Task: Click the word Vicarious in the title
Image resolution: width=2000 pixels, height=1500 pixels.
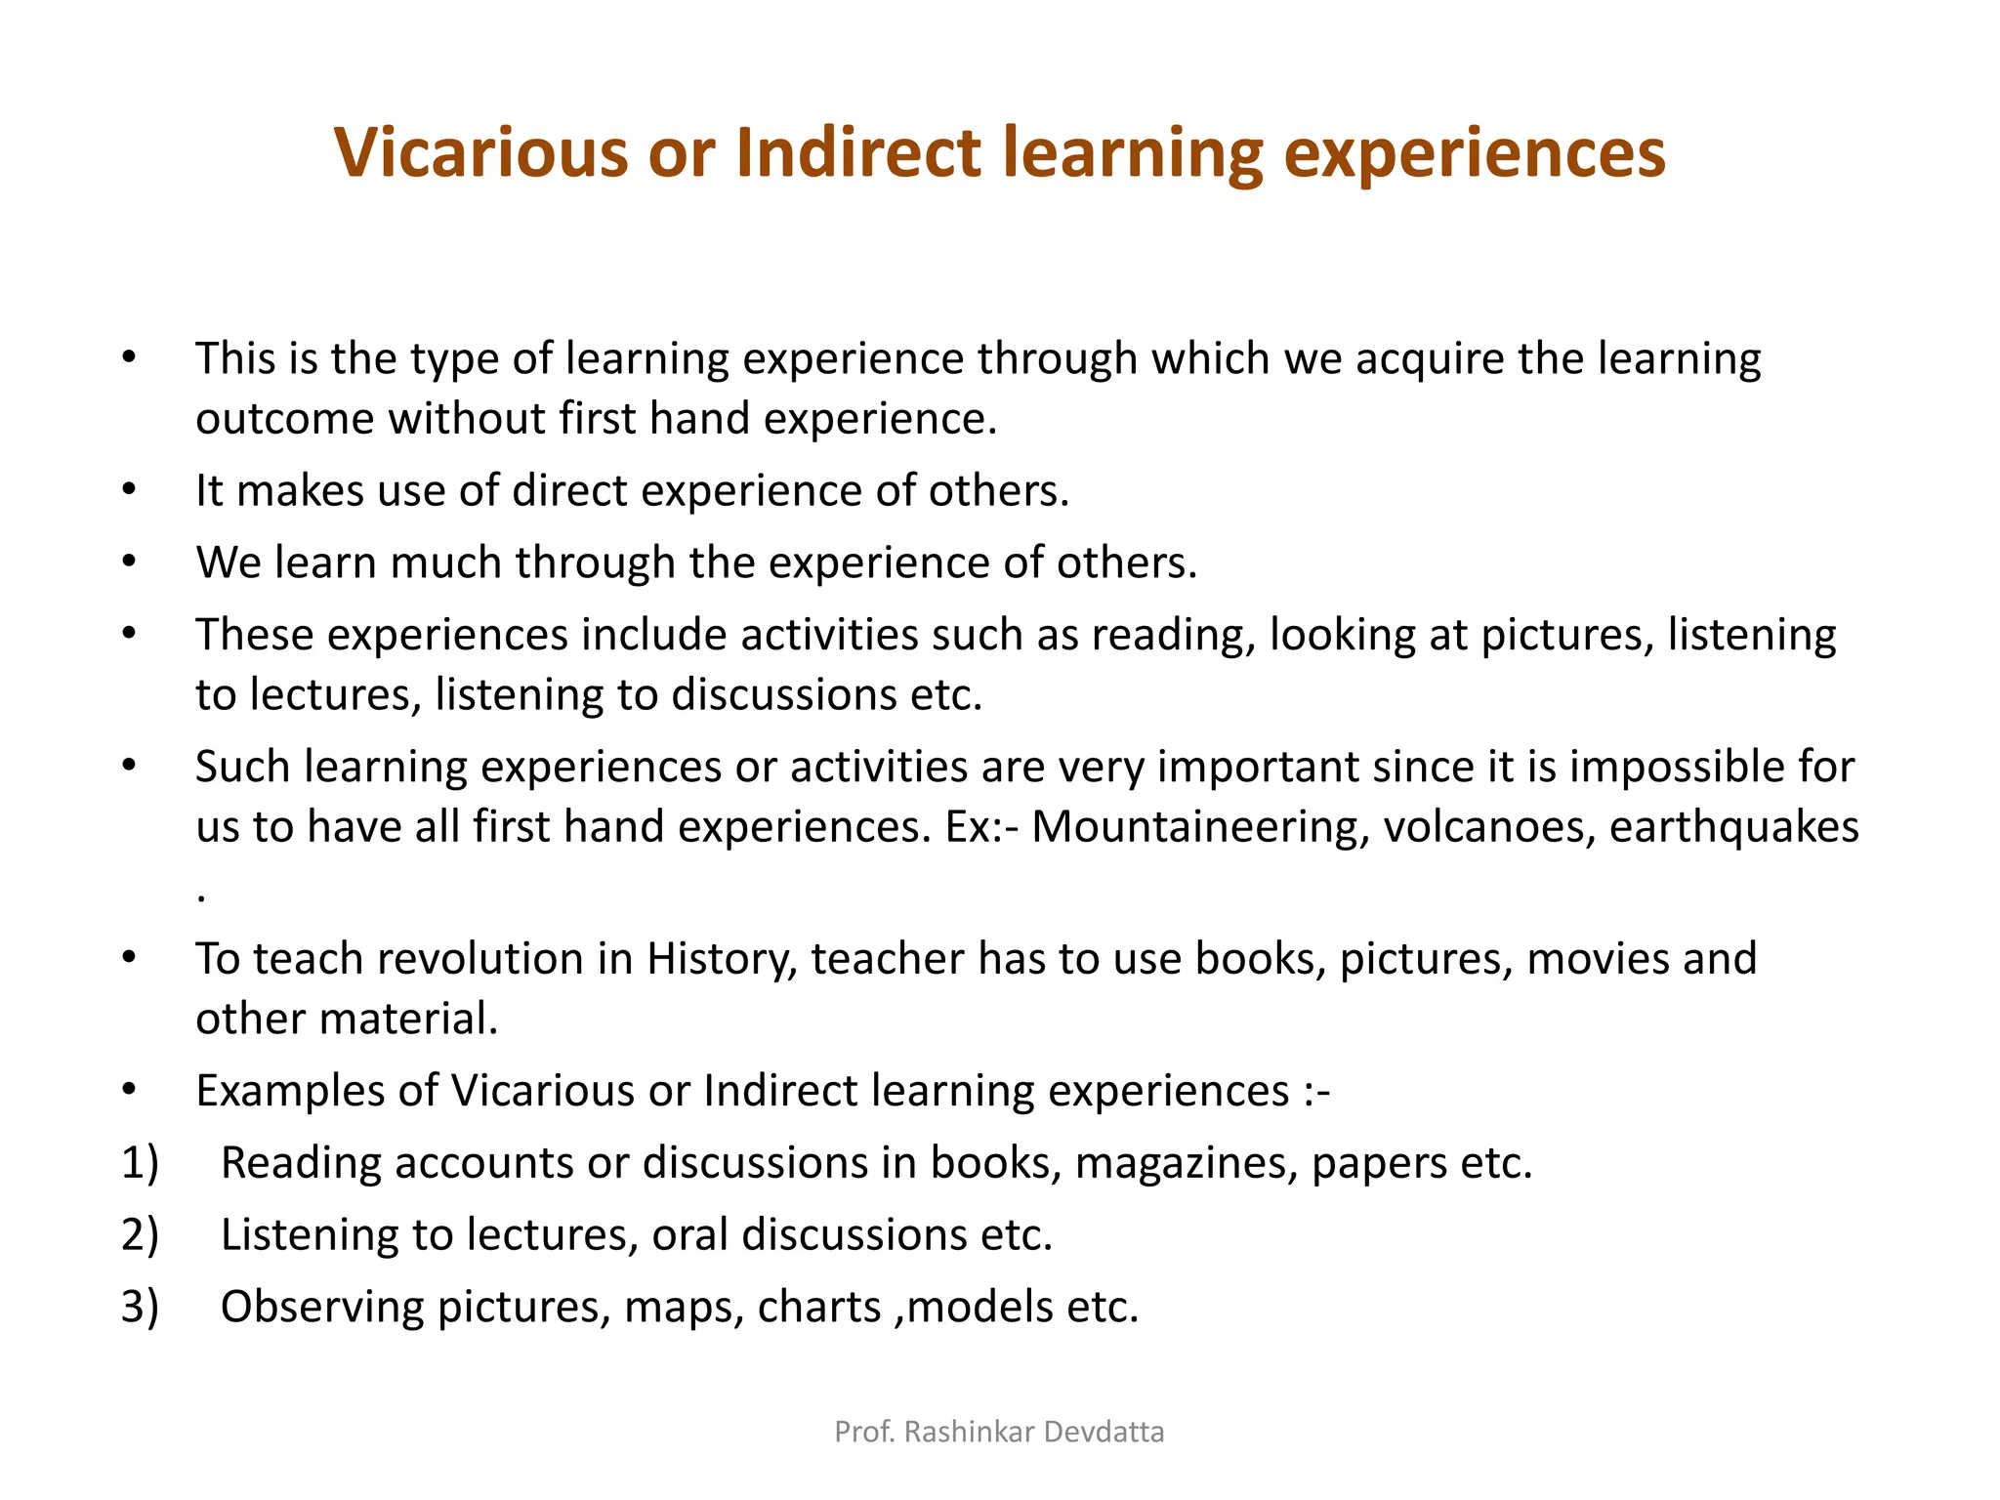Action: point(479,153)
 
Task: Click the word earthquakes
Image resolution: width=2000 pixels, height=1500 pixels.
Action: point(1733,827)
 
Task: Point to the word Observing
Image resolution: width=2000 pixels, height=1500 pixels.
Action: point(322,1308)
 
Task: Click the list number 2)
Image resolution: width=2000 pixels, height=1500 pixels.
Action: point(140,1235)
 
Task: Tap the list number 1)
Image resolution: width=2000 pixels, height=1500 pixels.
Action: point(140,1163)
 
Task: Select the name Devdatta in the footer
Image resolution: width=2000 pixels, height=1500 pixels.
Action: point(1104,1432)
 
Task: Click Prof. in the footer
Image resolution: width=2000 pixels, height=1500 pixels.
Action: point(864,1432)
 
